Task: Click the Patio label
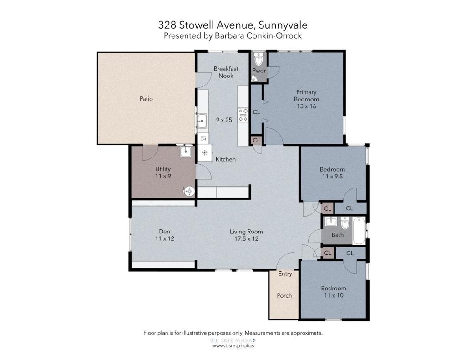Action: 146,99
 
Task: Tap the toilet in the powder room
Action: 259,59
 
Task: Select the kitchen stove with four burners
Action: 243,115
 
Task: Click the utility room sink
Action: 186,151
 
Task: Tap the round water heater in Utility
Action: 188,191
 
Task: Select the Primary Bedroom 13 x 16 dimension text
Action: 306,106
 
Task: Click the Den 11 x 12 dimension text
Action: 165,239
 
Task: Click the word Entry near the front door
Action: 285,274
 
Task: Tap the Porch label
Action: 284,295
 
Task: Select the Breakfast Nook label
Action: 226,72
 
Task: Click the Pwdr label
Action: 259,71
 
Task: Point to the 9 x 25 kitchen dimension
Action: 224,120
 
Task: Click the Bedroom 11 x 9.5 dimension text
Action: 332,177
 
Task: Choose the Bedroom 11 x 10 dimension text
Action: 334,295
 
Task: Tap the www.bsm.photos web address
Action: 233,346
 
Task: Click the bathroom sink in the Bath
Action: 331,221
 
